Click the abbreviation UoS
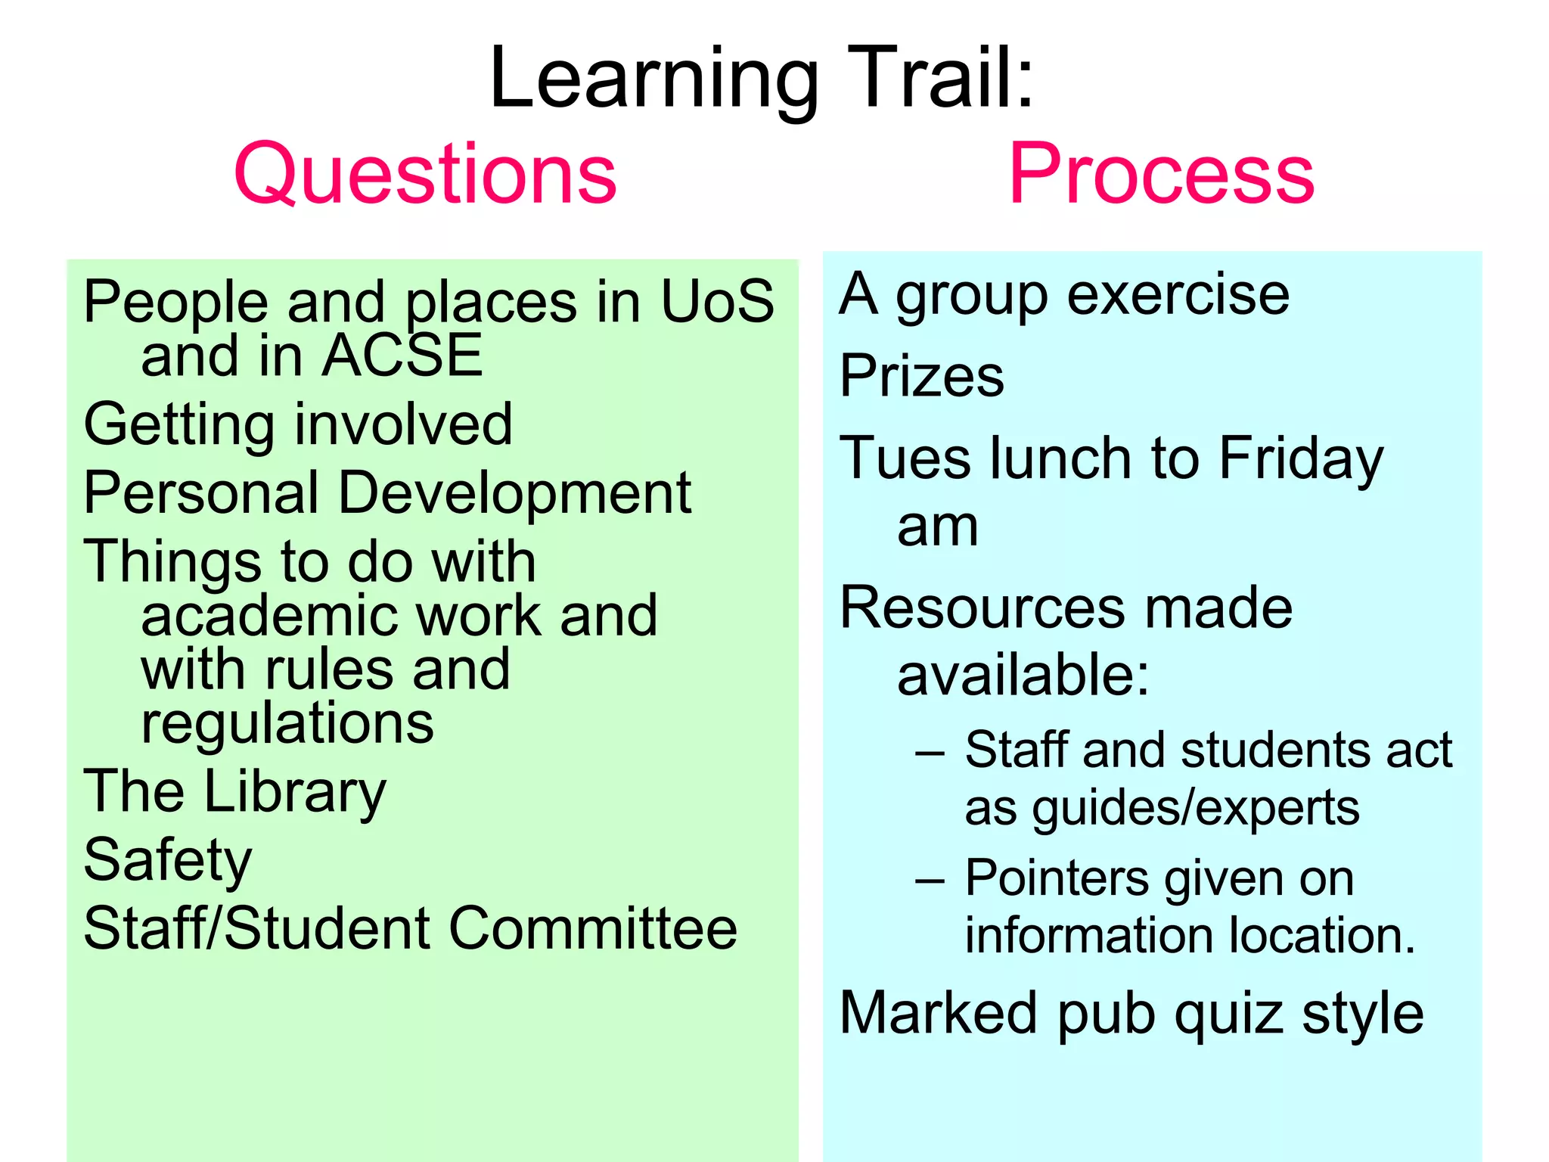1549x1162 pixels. point(717,301)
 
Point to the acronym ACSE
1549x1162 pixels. point(402,356)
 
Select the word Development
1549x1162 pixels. point(514,493)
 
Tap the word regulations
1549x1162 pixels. point(287,725)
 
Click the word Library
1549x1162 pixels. point(295,791)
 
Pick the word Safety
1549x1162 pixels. point(167,861)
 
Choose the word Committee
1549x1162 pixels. point(593,929)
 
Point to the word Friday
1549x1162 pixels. point(1301,458)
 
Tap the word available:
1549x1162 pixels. point(1023,675)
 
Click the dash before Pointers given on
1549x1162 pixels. point(930,881)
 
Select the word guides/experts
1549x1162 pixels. point(1196,808)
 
